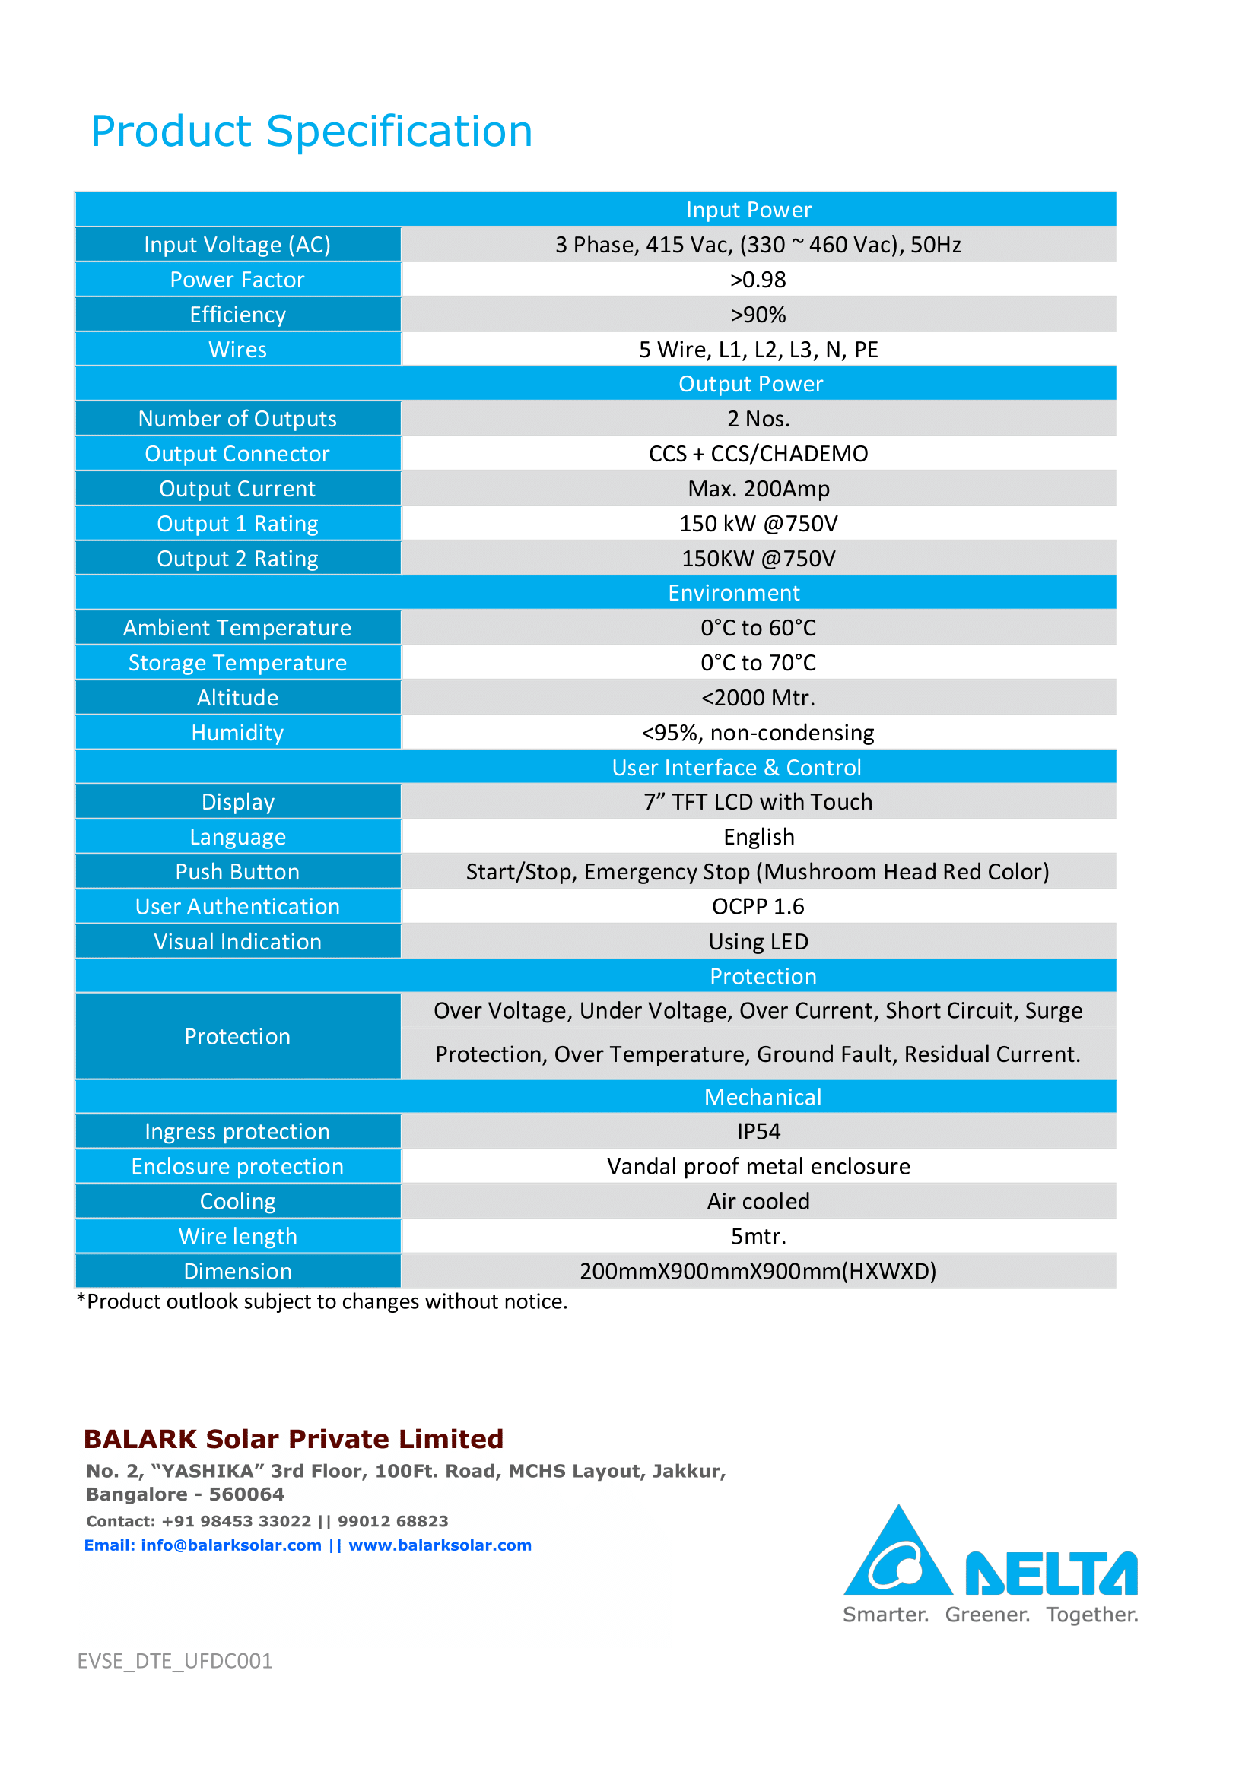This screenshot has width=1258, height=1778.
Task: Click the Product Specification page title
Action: (311, 131)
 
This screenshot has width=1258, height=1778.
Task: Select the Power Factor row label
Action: (237, 280)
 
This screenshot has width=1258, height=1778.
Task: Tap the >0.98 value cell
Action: (758, 280)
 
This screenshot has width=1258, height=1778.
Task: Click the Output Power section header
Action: (750, 384)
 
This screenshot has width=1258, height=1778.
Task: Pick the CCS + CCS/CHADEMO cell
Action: (758, 454)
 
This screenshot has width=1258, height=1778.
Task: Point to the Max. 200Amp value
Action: (758, 489)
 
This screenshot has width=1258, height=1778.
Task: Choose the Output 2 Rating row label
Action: (237, 559)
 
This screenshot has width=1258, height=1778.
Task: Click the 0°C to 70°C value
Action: (758, 663)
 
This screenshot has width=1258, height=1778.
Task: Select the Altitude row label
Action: (237, 698)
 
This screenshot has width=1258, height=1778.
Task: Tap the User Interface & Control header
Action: (736, 768)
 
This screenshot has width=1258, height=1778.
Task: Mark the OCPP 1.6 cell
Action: (758, 906)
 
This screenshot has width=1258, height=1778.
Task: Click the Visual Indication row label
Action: (237, 942)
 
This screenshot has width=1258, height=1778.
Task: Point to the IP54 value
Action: (758, 1131)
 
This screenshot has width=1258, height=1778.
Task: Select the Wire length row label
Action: (237, 1236)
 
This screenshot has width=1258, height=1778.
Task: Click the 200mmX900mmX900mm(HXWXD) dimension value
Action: (758, 1271)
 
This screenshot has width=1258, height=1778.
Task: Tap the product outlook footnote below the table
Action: (322, 1301)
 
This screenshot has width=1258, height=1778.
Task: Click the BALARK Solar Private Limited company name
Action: (294, 1439)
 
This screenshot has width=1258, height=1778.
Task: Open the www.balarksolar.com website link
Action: (439, 1545)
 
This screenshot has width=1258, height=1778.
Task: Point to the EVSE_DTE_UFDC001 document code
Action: (174, 1661)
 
